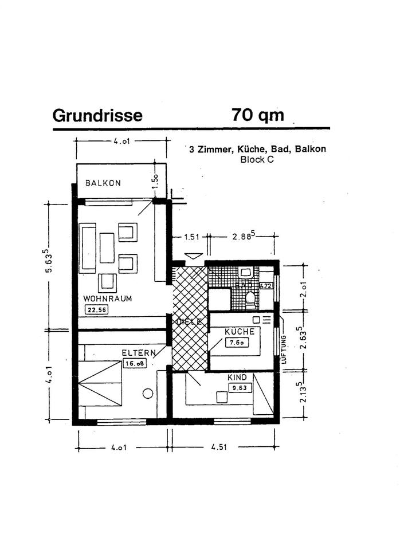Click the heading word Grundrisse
tap(97, 115)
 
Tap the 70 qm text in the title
tap(258, 115)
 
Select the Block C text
tap(257, 160)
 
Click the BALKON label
tap(103, 183)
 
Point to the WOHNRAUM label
tap(108, 298)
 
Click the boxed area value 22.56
tap(96, 311)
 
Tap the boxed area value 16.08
tap(132, 363)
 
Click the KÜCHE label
tap(236, 332)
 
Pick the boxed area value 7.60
tap(236, 343)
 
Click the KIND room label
tap(237, 378)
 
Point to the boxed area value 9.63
tap(236, 388)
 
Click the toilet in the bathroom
tap(250, 298)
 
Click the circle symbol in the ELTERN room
tap(148, 394)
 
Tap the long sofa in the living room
tap(88, 247)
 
